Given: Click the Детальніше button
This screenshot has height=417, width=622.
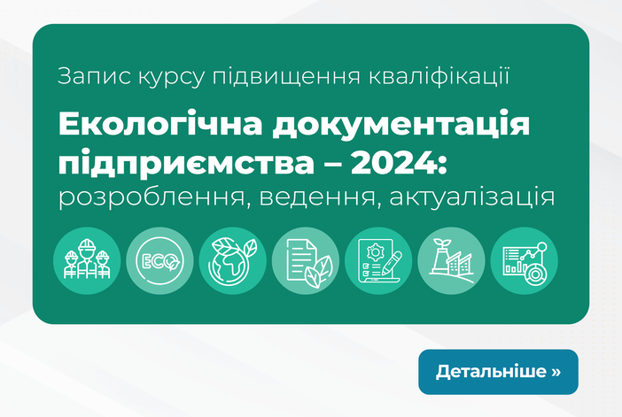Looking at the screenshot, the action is tap(498, 372).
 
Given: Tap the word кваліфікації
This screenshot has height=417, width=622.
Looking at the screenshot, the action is tap(439, 76).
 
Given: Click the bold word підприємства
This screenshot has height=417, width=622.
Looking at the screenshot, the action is tap(186, 163).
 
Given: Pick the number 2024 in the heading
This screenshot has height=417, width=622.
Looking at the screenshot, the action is tap(394, 163).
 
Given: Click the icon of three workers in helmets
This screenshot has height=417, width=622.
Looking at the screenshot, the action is tap(87, 261).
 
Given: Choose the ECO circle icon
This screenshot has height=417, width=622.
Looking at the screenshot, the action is tap(159, 261).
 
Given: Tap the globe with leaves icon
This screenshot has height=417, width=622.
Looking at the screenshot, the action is tap(233, 261).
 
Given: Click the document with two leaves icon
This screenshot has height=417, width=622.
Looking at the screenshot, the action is tap(306, 261).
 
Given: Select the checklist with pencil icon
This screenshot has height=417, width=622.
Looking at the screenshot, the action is tap(378, 261).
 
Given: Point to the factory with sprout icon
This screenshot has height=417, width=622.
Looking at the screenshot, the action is tap(451, 261).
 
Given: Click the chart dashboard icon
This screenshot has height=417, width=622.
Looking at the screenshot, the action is tap(524, 261).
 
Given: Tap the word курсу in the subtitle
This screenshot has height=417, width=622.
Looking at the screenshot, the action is tap(171, 78).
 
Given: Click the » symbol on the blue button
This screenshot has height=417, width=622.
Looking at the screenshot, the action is tap(556, 372).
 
